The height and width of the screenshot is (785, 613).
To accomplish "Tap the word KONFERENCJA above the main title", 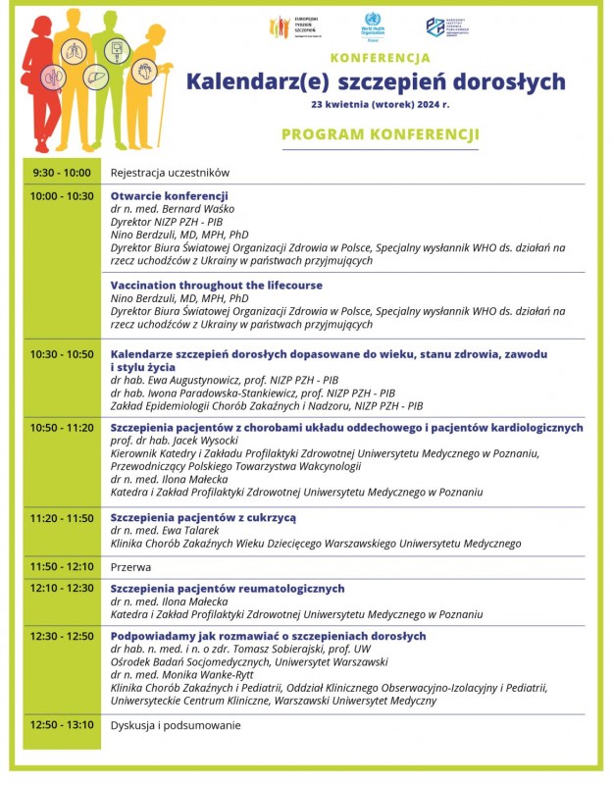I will point(380,58).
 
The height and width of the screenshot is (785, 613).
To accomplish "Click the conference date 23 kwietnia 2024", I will point(381,102).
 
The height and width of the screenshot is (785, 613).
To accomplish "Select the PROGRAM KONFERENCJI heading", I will point(380,134).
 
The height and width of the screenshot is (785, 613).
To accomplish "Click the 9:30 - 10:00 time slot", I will point(62,173).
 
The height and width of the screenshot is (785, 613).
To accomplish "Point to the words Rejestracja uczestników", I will point(170,173).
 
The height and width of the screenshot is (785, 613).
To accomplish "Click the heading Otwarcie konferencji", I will point(169,196).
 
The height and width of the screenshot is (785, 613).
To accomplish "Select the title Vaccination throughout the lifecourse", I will point(216,286).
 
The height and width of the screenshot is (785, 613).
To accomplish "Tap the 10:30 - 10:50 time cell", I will point(62,353).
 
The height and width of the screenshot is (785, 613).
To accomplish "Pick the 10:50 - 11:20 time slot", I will point(62,428).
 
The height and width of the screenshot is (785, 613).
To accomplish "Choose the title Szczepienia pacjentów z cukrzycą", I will point(203,517).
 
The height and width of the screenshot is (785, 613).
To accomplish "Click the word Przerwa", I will point(130,566).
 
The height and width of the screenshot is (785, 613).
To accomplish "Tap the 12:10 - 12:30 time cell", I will point(62,589).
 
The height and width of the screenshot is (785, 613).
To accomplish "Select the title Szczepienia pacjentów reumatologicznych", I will point(228,589).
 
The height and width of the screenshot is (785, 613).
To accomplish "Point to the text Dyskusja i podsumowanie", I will point(176,725).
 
